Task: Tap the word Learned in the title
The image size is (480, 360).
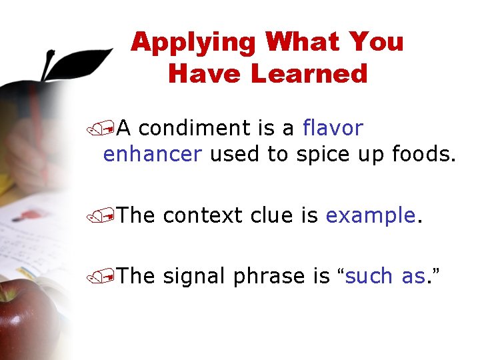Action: point(309,73)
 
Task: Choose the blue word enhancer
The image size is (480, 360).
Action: point(153,155)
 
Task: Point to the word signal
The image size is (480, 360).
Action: point(195,276)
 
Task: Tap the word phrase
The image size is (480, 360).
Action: point(271,276)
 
